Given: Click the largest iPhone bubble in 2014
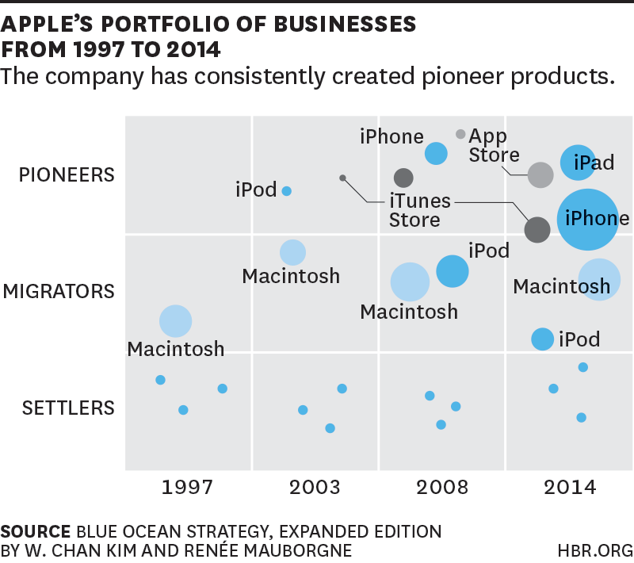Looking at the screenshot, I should coord(587,220).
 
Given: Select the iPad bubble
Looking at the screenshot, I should coord(579,163).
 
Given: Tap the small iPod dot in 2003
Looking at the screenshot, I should coord(287,191).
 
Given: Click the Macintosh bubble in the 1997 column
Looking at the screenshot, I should coord(176,321).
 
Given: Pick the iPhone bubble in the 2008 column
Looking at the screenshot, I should coord(436,153).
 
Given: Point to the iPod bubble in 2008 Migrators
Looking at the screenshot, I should coord(453,271).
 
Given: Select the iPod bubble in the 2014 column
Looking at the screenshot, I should coord(542,339).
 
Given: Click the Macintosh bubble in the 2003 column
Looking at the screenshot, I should coord(293,252).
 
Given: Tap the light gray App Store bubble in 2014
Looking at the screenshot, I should coord(540,175).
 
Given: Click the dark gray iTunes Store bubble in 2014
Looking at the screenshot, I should coord(537,230).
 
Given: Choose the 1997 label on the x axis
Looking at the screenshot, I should coord(188,487).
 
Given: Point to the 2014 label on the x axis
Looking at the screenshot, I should coord(569,487).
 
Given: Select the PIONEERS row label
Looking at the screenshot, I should coord(67,174).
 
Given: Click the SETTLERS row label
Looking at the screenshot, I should coord(68,408).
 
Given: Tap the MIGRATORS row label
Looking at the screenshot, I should coord(59,292).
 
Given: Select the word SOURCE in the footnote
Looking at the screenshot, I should coord(35,530).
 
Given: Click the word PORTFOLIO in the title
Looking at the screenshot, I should coord(148,24).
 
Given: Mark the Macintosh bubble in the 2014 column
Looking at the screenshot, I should coord(599,279).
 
